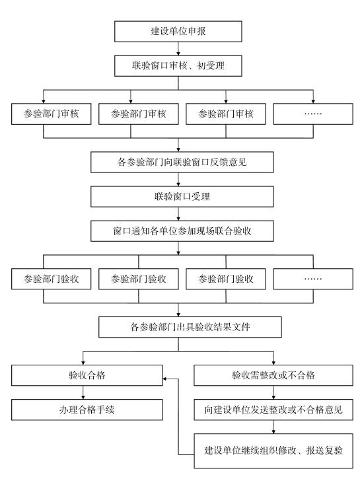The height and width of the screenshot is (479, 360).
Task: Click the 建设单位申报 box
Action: coord(178,32)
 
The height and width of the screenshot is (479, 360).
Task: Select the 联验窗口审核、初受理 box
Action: coord(178,65)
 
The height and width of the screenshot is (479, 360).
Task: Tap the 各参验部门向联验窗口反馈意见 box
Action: coord(182,163)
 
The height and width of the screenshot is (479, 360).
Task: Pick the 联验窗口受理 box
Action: coord(182,197)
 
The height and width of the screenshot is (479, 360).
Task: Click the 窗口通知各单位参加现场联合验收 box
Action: coord(182,231)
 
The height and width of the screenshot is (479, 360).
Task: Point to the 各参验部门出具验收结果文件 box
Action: coord(190,327)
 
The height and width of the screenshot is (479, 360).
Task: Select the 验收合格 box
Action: coord(87,375)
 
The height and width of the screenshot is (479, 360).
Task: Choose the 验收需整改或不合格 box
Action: coord(273,375)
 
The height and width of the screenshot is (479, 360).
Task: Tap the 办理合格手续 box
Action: coord(87,410)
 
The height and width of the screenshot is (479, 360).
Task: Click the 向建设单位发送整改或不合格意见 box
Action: coord(273,410)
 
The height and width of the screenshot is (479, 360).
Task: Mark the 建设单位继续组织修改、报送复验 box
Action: coord(273,451)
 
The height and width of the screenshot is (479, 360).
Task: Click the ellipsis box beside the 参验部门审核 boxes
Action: coord(313,114)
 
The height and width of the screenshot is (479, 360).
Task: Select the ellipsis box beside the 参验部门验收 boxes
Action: coord(313,279)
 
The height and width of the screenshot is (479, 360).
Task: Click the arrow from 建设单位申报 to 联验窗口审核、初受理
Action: coord(178,49)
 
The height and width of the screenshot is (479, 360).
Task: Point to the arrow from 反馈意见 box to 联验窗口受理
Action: coord(178,179)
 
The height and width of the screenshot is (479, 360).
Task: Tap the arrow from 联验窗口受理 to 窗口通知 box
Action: coord(178,214)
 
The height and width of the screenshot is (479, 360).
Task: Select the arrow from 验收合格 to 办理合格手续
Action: coord(83,392)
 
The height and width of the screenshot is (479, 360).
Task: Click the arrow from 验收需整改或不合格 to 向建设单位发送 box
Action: coord(273,392)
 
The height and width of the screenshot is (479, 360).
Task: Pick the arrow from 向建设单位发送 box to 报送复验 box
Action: coord(273,427)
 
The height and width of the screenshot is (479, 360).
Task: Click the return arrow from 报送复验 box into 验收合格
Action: coord(178,417)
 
